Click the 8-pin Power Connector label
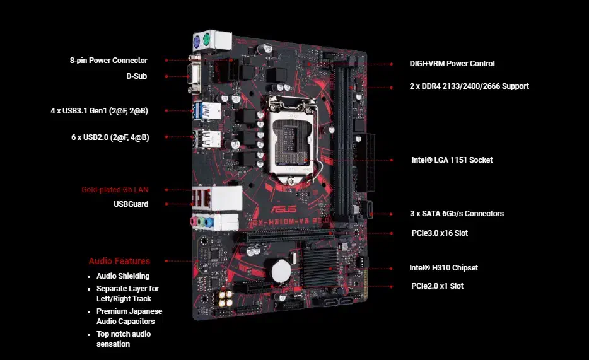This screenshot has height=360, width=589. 108,61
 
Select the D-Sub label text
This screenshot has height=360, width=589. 136,76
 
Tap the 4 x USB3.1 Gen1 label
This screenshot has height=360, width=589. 99,111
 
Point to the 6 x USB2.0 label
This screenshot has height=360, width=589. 110,137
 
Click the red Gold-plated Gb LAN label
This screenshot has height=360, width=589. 115,190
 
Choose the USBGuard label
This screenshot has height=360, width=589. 131,204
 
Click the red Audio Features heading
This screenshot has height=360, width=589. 119,261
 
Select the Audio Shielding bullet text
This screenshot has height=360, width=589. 123,276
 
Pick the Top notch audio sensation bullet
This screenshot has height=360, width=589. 124,339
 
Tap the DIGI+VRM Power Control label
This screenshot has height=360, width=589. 452,64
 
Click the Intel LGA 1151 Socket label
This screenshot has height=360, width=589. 452,160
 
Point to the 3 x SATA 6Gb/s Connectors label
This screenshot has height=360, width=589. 457,214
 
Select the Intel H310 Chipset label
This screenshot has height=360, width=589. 443,268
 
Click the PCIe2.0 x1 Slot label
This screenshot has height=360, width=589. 437,286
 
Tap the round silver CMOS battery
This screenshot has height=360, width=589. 281,271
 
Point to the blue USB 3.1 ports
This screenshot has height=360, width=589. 197,111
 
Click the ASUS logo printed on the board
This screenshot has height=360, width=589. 284,209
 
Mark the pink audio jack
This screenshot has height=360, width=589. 194,221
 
